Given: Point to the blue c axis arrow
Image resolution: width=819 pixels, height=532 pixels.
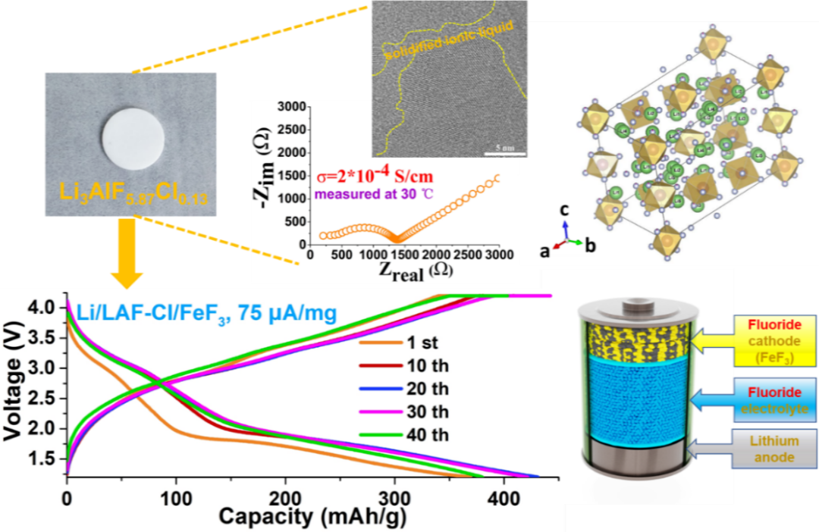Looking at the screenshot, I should coord(565,221).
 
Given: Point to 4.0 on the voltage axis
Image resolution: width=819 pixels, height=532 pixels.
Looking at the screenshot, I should coord(47,308).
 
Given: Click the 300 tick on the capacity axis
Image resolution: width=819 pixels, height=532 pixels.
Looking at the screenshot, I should coord(394,499).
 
